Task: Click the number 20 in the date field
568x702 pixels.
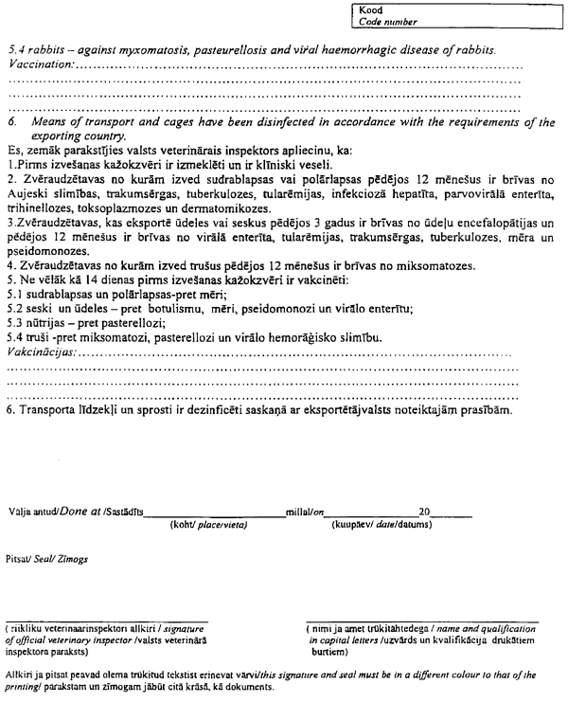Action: pyautogui.click(x=425, y=512)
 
